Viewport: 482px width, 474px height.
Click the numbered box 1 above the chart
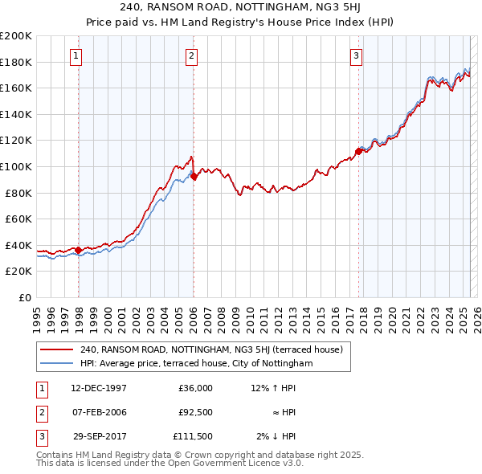tap(75, 55)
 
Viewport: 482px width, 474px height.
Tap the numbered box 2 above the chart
tap(191, 55)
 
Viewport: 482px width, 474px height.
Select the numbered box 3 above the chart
tap(356, 55)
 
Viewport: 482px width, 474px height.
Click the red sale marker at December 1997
tap(78, 250)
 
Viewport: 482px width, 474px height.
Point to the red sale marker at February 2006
tap(194, 176)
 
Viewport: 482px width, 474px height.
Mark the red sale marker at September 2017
tap(358, 151)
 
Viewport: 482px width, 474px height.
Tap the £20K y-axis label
tap(19, 272)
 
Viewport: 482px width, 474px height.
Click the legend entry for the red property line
tap(211, 349)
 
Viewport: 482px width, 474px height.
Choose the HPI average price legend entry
tap(196, 363)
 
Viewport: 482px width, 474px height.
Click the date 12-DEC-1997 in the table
tap(99, 388)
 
